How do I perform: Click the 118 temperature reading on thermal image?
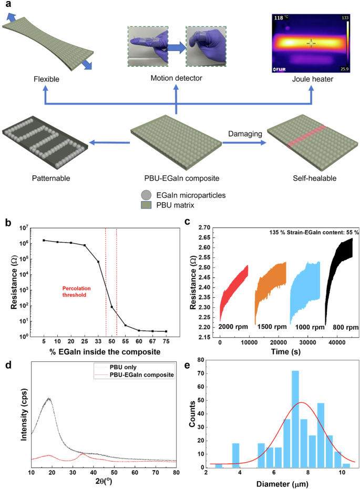click(x=279, y=18)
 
